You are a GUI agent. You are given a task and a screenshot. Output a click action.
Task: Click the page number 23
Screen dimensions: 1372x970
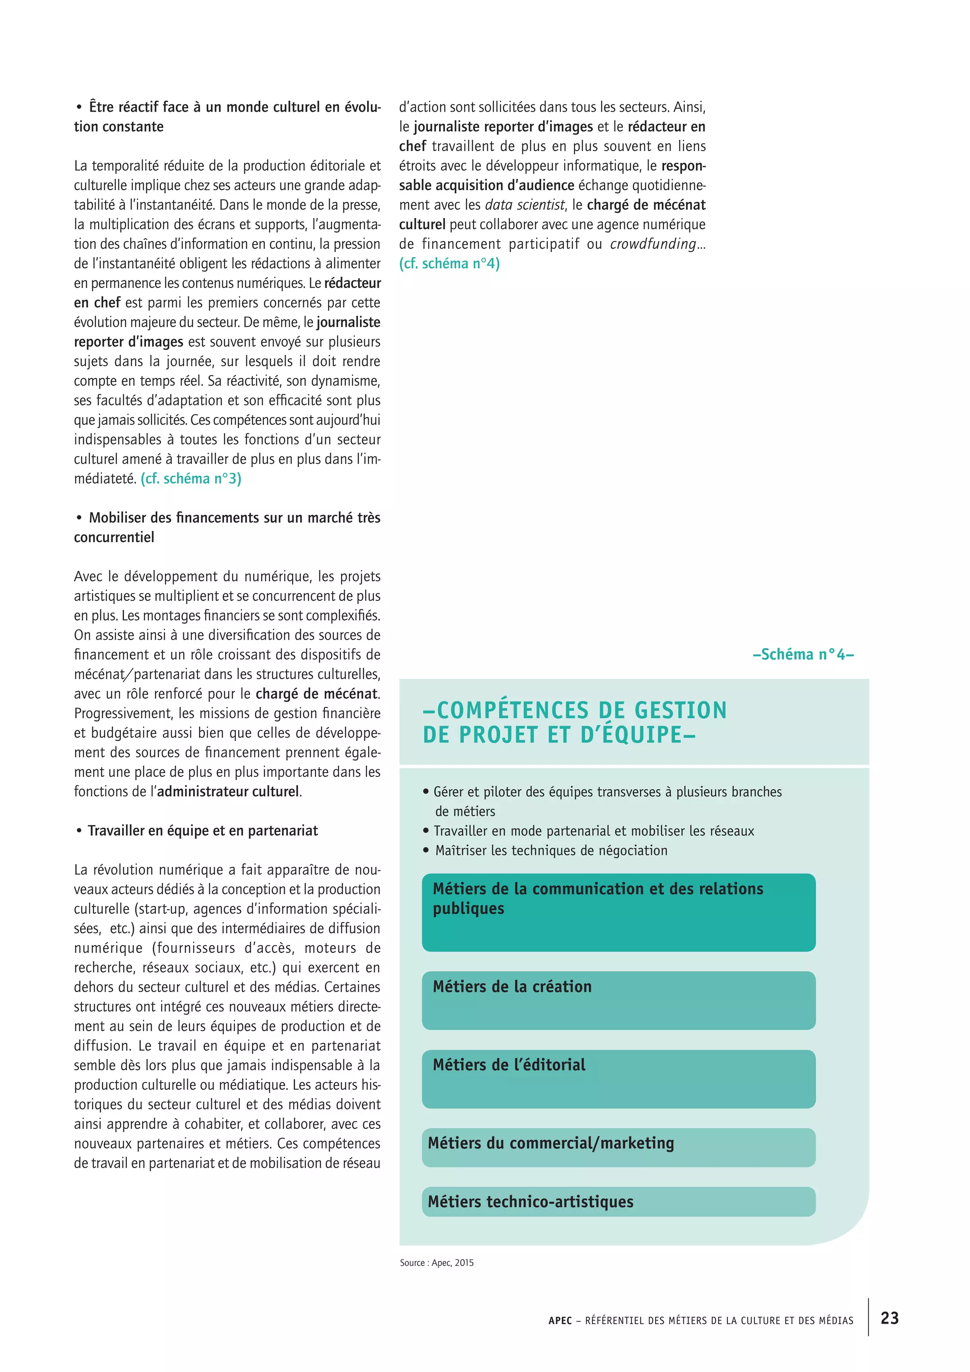tap(889, 1318)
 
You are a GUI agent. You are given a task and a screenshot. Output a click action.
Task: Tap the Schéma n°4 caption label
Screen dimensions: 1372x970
tap(803, 654)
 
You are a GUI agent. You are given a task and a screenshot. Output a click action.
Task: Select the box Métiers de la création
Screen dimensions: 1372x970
tap(618, 1000)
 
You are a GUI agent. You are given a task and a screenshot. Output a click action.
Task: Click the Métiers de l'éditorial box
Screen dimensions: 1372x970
tap(618, 1079)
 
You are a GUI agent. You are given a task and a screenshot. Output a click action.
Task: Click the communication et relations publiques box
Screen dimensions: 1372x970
tap(618, 912)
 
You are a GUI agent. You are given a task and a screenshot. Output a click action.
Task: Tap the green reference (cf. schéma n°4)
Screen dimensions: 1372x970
tap(449, 263)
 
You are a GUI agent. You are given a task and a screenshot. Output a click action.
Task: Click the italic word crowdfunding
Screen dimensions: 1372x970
tap(653, 244)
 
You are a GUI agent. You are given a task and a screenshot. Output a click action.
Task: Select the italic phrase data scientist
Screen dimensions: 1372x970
tap(524, 205)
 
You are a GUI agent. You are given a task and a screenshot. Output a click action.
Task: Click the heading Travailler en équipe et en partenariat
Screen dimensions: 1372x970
tap(203, 830)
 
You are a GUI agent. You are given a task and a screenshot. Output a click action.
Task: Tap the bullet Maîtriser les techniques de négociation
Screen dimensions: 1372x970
tap(551, 850)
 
